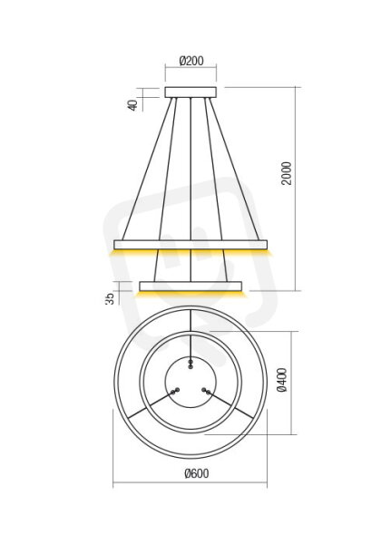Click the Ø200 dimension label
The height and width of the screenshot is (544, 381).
click(x=191, y=61)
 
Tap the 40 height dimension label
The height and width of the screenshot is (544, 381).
click(x=133, y=105)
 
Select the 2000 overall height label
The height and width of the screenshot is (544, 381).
click(x=287, y=173)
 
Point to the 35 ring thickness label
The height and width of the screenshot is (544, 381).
click(x=110, y=298)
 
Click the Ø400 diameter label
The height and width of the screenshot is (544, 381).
click(x=282, y=380)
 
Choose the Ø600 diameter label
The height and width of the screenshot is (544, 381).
click(x=197, y=473)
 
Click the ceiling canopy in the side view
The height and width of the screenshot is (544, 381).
click(x=190, y=92)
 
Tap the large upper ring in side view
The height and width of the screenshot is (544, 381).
click(x=190, y=245)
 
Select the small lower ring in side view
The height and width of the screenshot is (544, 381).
click(x=190, y=287)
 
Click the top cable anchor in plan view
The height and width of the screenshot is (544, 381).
click(x=190, y=364)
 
